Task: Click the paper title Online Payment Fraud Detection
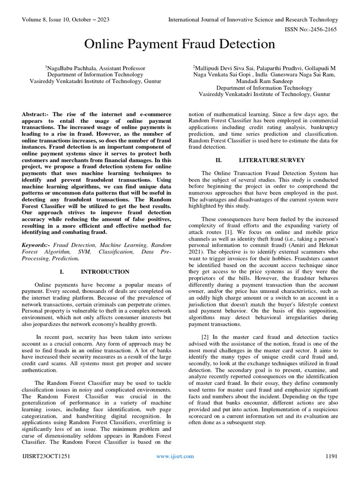coord(180,45)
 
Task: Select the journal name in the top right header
coord(253,20)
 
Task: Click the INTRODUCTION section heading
coord(105,272)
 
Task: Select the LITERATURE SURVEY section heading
coord(266,160)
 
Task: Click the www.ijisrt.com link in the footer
coord(175,456)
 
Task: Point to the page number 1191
coord(331,456)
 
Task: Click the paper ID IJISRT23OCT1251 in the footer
coord(46,456)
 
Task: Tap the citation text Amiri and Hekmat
coord(308,245)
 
